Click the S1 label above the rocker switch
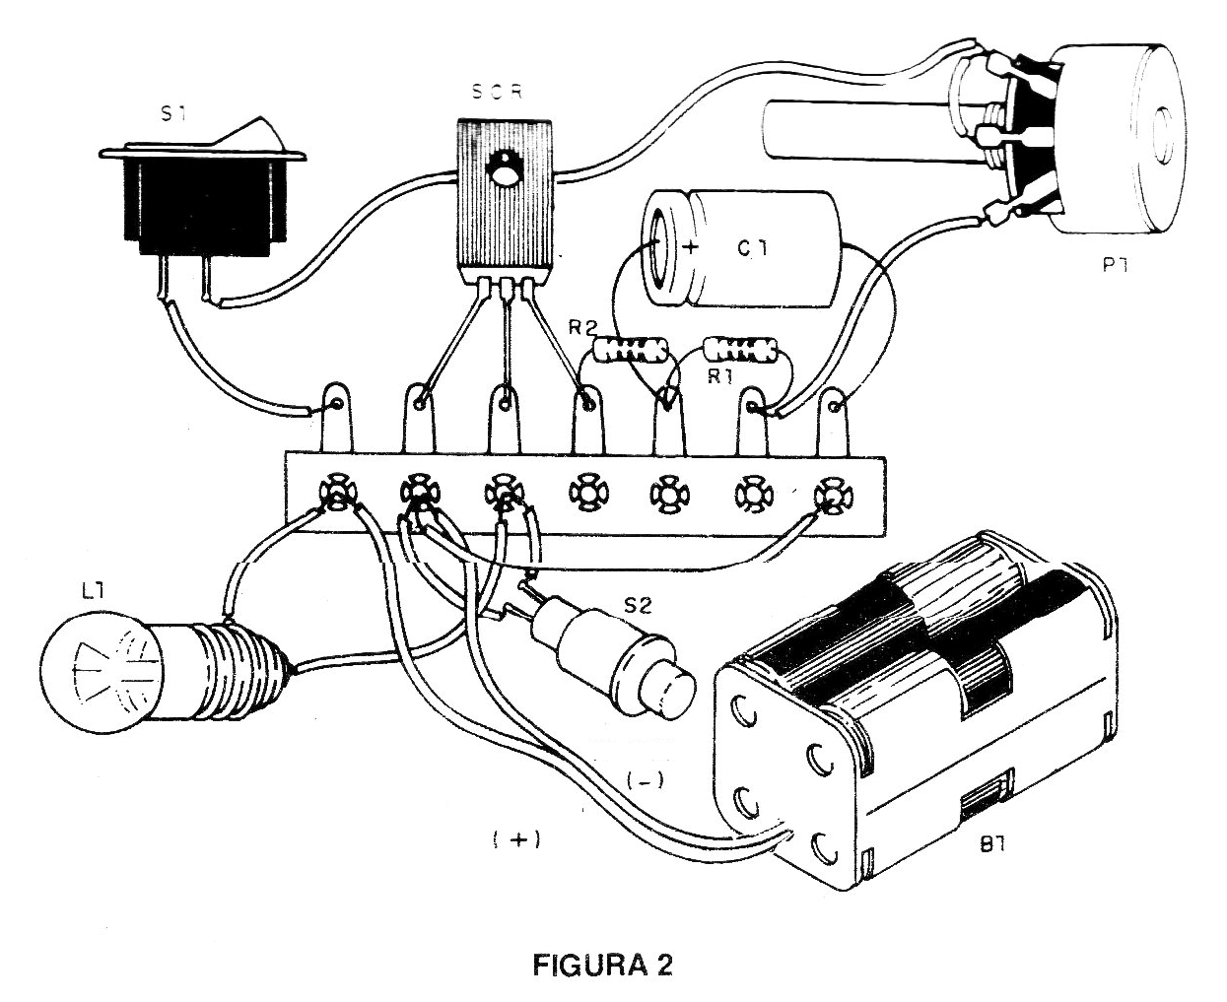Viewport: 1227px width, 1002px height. pos(173,115)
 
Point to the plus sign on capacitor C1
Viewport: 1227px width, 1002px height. pos(690,248)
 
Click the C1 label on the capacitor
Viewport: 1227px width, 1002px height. pos(752,251)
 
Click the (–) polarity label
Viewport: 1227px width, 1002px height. pos(646,781)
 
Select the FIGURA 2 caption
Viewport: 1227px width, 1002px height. pos(602,965)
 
